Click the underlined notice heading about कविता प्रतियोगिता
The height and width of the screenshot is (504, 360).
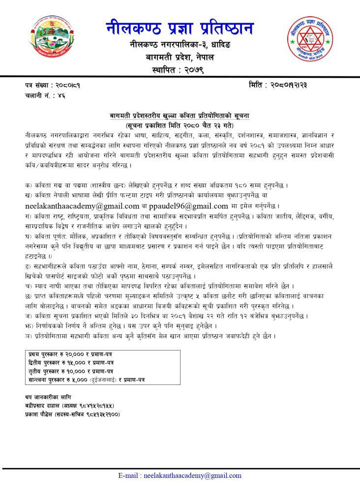point(180,116)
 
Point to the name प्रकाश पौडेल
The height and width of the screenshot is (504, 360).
point(42,414)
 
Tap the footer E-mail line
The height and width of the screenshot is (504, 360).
point(180,475)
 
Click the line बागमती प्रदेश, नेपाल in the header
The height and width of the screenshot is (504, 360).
point(180,57)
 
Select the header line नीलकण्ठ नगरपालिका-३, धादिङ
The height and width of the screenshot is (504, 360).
point(180,45)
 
